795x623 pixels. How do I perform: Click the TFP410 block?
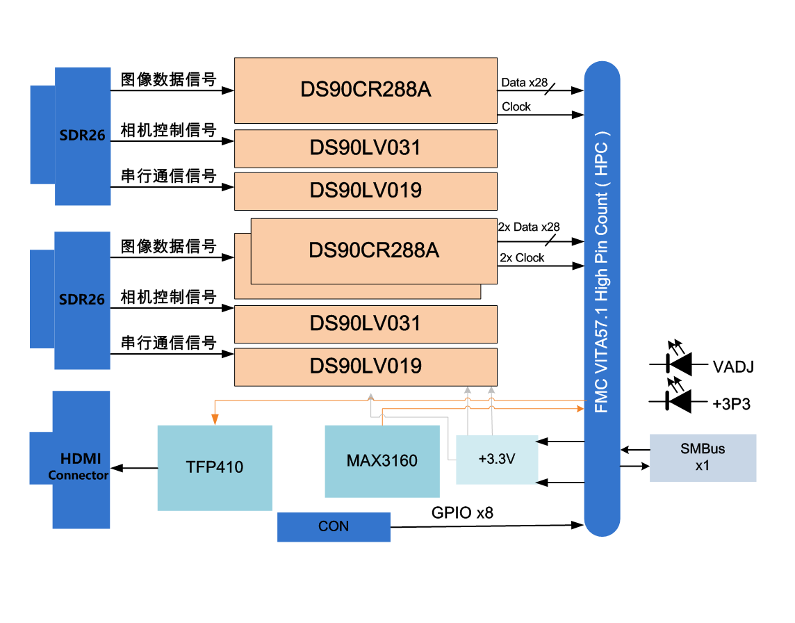click(215, 467)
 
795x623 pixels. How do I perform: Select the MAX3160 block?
click(382, 461)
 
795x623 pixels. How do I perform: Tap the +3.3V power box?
click(496, 460)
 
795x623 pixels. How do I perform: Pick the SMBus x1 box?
click(702, 458)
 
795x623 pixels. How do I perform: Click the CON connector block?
click(334, 527)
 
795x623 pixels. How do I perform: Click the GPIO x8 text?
click(462, 513)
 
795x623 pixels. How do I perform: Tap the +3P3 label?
click(731, 404)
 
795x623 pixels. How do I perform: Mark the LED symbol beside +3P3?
click(678, 399)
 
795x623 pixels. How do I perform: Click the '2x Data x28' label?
click(529, 227)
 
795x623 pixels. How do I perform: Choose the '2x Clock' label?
click(522, 258)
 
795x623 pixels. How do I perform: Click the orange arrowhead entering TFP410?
click(215, 419)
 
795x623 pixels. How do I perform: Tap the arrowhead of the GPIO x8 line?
click(576, 525)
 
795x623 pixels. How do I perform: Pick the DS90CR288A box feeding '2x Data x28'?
click(374, 250)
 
